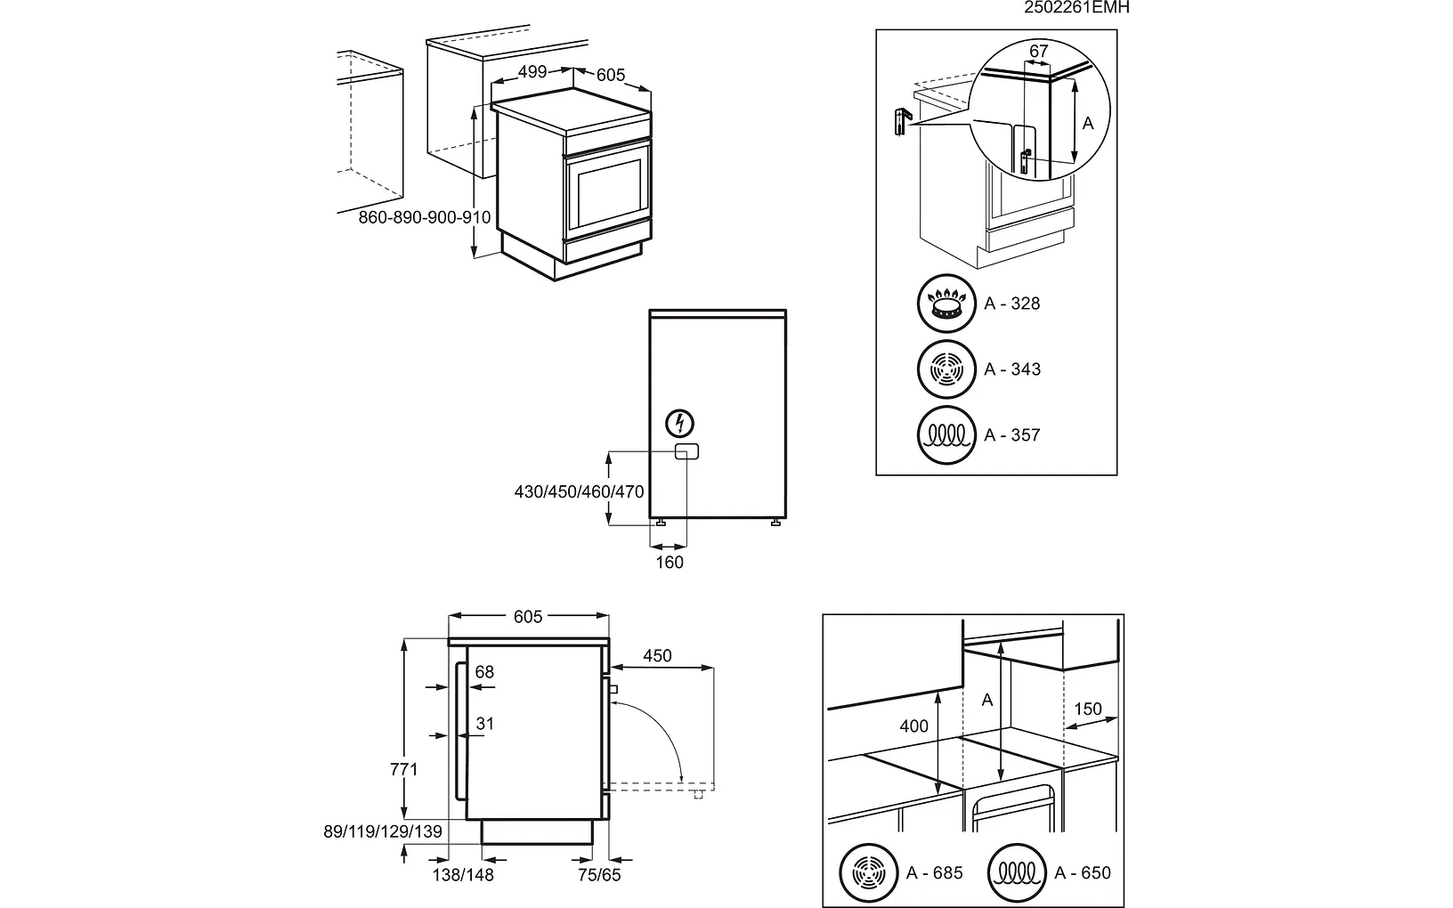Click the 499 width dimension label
pyautogui.click(x=532, y=72)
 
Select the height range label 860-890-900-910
pyautogui.click(x=425, y=217)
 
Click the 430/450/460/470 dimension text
pyautogui.click(x=579, y=491)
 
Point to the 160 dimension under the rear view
pyautogui.click(x=670, y=562)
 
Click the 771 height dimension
pyautogui.click(x=404, y=769)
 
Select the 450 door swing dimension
pyautogui.click(x=657, y=656)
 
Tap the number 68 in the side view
pyautogui.click(x=484, y=672)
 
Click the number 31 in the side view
pyautogui.click(x=484, y=724)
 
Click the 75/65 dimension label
pyautogui.click(x=599, y=875)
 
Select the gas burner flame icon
pyautogui.click(x=946, y=304)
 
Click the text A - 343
pyautogui.click(x=1012, y=369)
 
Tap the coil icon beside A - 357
pyautogui.click(x=946, y=435)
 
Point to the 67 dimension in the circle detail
pyautogui.click(x=1039, y=52)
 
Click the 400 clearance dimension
pyautogui.click(x=913, y=726)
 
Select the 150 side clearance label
pyautogui.click(x=1088, y=709)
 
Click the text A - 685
pyautogui.click(x=935, y=873)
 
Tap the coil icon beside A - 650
pyautogui.click(x=1017, y=873)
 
